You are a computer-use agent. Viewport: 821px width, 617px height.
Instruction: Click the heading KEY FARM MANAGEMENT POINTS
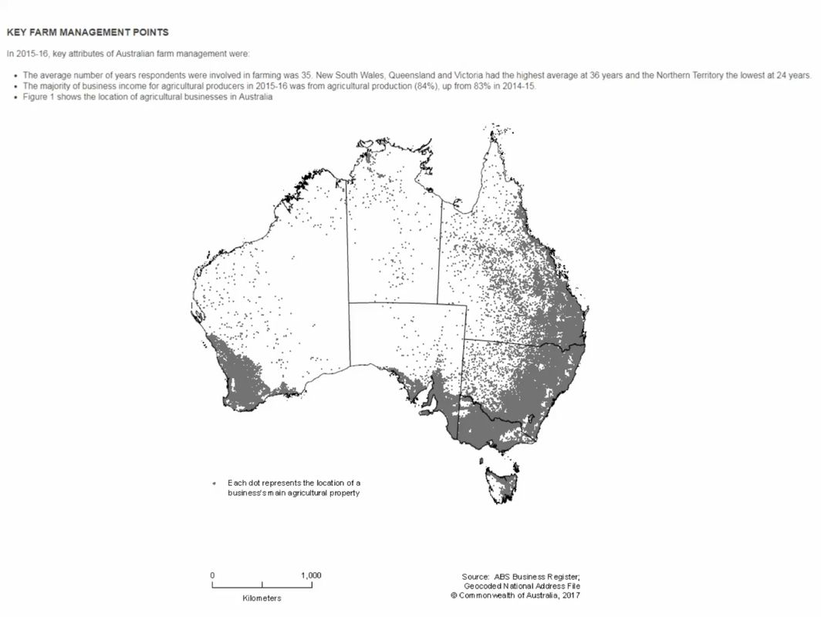(x=87, y=32)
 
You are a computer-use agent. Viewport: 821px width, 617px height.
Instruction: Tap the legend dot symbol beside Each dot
(x=214, y=484)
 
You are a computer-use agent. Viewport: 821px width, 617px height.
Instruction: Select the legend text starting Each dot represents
(x=294, y=487)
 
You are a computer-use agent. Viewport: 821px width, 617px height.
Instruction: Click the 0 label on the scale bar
(x=212, y=575)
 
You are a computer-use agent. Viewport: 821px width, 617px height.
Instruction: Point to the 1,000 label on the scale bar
(x=311, y=575)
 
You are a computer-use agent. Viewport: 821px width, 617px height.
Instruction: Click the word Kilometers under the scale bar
(x=262, y=598)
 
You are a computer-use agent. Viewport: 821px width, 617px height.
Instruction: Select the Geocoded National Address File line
(x=522, y=586)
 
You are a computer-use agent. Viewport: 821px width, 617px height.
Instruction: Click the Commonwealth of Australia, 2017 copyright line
(x=515, y=595)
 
